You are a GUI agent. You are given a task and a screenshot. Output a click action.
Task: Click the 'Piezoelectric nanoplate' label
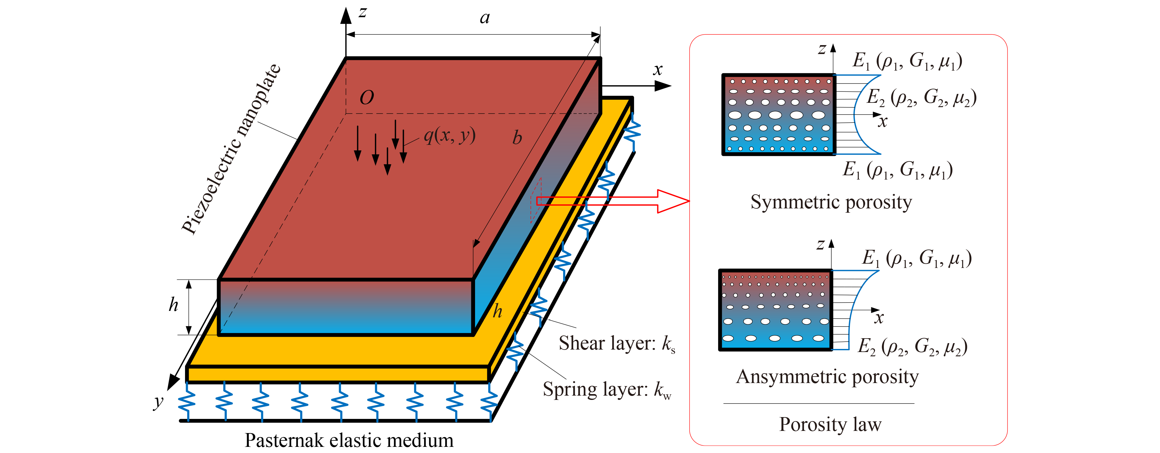pos(230,149)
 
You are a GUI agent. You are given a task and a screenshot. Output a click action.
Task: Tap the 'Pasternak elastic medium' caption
pos(349,440)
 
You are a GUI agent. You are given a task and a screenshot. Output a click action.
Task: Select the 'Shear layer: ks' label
pos(617,343)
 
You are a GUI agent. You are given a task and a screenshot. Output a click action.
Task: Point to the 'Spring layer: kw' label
pos(607,389)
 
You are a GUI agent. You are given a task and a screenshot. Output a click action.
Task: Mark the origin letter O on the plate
pos(366,98)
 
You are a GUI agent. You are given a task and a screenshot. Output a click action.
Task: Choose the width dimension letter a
pos(485,18)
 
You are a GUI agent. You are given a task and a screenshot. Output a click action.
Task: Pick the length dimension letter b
pos(517,138)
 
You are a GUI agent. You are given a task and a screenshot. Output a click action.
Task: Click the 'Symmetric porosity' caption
pos(831,202)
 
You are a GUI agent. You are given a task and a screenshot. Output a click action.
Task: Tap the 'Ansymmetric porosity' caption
pos(827,377)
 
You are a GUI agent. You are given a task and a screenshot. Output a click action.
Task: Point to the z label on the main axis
pos(362,12)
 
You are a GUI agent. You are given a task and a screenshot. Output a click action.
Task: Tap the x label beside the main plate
pos(658,69)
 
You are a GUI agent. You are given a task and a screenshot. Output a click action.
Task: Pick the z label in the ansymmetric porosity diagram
pos(821,245)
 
